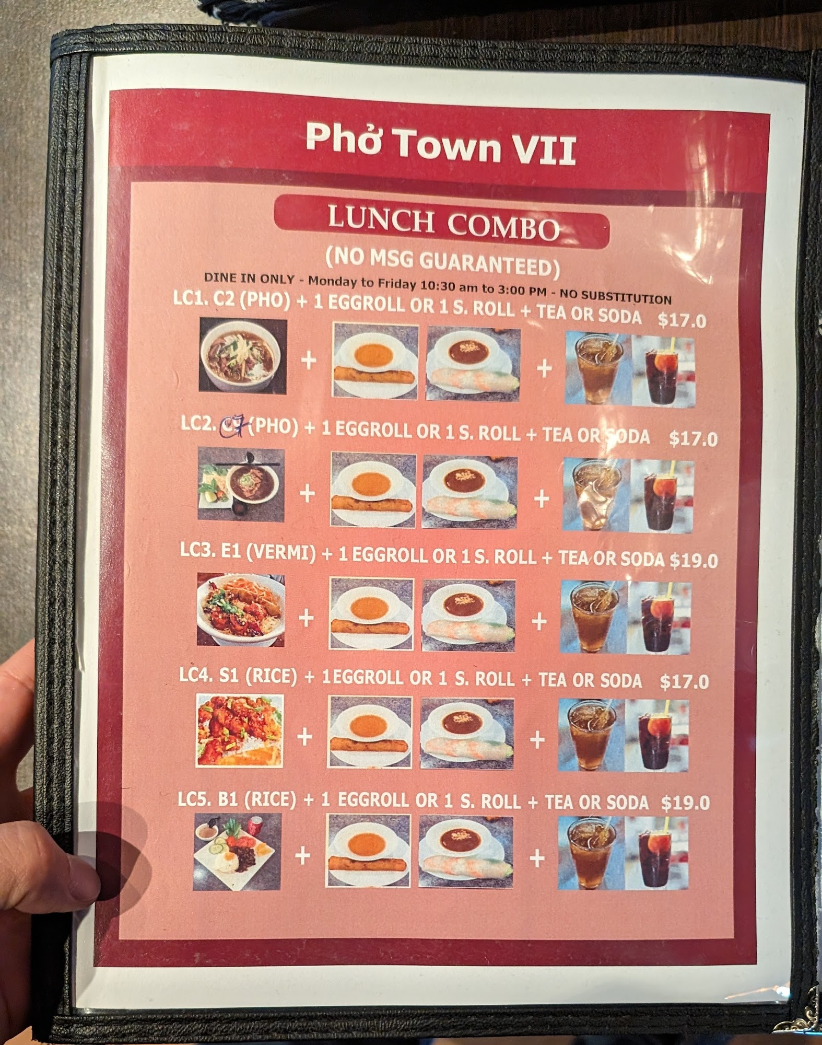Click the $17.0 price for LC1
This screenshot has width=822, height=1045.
pyautogui.click(x=682, y=320)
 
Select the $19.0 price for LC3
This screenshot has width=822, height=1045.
pyautogui.click(x=694, y=561)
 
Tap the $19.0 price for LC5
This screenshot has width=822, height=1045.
pyautogui.click(x=685, y=803)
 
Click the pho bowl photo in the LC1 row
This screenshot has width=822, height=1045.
pyautogui.click(x=243, y=355)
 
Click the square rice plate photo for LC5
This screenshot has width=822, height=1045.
pyautogui.click(x=237, y=852)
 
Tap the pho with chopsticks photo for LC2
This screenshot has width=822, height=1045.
pyautogui.click(x=241, y=485)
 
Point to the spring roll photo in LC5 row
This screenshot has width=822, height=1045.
pyautogui.click(x=465, y=852)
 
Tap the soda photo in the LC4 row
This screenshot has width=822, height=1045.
pyautogui.click(x=663, y=736)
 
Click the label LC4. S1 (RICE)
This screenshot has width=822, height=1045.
pyautogui.click(x=238, y=676)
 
